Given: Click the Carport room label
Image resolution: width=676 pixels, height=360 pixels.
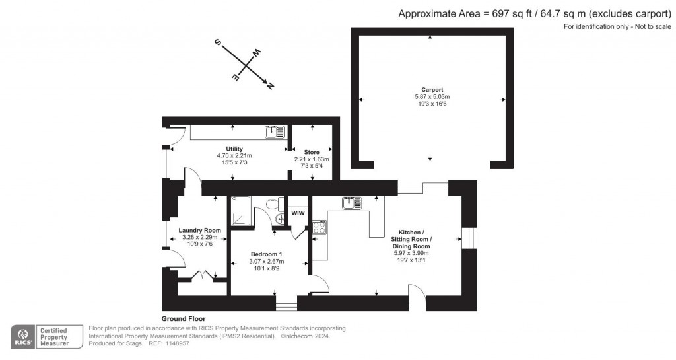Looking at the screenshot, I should [x=432, y=89].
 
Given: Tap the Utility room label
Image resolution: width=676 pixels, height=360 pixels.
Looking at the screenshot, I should [x=234, y=149].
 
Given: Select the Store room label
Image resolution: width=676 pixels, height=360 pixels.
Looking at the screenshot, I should [x=312, y=152].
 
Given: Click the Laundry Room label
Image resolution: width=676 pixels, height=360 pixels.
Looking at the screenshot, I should [x=199, y=230].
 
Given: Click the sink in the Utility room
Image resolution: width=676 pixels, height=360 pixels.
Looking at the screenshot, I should [x=275, y=132].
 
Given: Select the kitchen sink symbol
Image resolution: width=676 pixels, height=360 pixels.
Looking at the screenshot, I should [x=351, y=203].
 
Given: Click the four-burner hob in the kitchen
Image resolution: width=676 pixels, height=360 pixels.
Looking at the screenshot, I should [x=319, y=228].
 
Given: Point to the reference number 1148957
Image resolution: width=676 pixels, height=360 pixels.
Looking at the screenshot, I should [x=177, y=343].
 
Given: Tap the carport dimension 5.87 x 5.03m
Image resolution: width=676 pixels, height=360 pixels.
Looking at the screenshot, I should [x=432, y=97].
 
